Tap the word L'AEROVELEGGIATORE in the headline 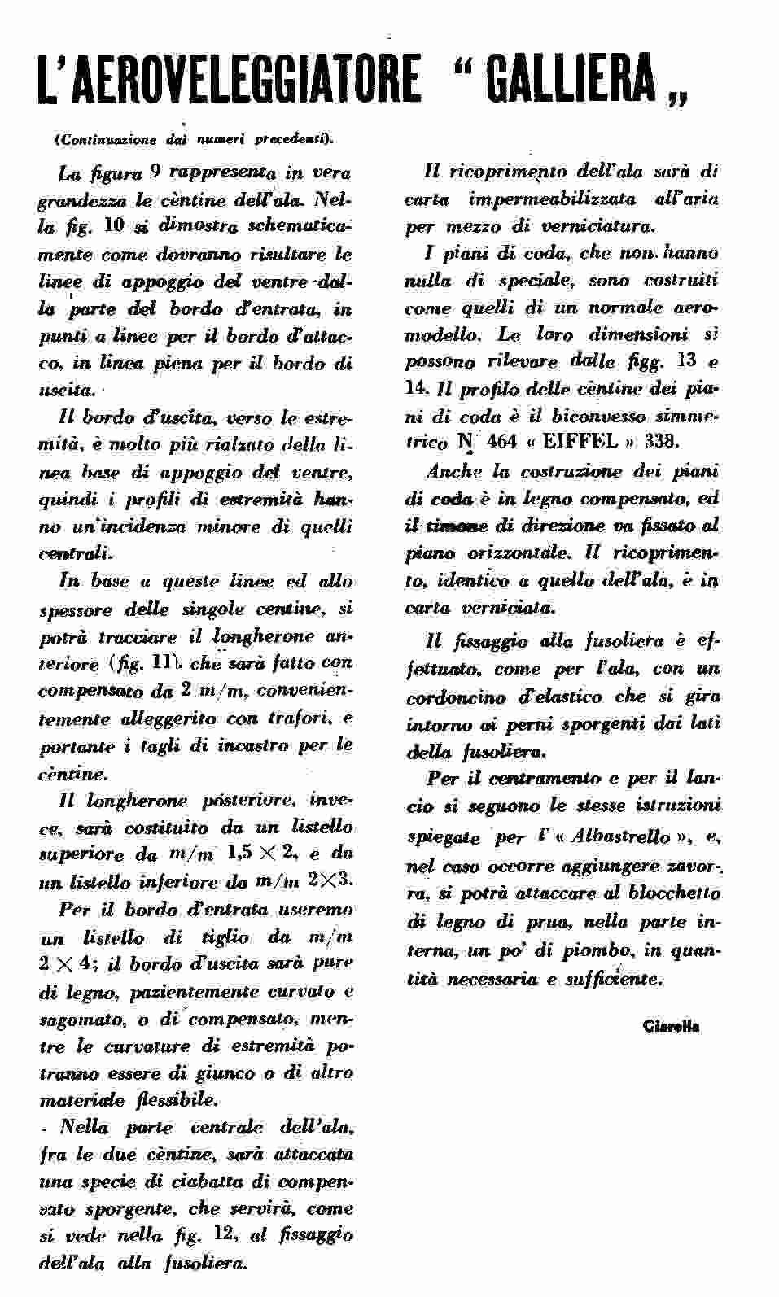(230, 79)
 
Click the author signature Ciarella (671, 1025)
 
